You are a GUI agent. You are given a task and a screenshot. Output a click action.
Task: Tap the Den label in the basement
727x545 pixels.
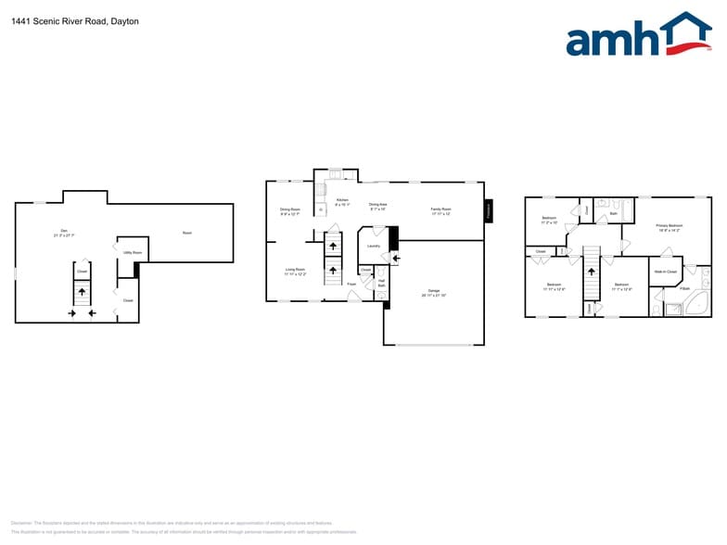point(64,232)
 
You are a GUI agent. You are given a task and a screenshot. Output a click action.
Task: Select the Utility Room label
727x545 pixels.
point(133,252)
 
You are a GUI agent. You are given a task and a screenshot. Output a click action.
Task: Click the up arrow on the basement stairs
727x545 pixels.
point(82,291)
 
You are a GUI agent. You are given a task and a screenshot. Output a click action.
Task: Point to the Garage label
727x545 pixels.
point(433,292)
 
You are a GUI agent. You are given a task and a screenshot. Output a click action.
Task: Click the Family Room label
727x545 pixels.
point(440,210)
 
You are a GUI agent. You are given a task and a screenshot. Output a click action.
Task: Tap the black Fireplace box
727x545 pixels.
point(489,210)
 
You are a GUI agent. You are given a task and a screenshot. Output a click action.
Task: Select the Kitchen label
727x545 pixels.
point(342,200)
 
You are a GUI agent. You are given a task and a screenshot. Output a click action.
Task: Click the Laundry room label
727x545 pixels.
point(374,246)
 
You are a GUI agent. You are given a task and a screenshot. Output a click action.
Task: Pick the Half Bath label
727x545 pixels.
point(381,283)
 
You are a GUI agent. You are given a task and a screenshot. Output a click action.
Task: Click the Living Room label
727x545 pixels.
point(295,271)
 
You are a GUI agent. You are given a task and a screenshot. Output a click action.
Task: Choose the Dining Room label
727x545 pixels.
point(290,210)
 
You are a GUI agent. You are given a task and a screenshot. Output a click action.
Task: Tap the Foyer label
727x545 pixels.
point(351,284)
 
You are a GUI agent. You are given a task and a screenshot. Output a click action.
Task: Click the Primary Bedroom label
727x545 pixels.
point(669,226)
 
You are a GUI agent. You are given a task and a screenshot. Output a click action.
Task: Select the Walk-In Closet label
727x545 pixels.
point(665,272)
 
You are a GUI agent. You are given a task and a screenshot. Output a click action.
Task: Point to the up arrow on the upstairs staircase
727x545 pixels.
point(590,272)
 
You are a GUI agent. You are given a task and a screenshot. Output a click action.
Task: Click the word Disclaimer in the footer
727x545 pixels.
point(22,523)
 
